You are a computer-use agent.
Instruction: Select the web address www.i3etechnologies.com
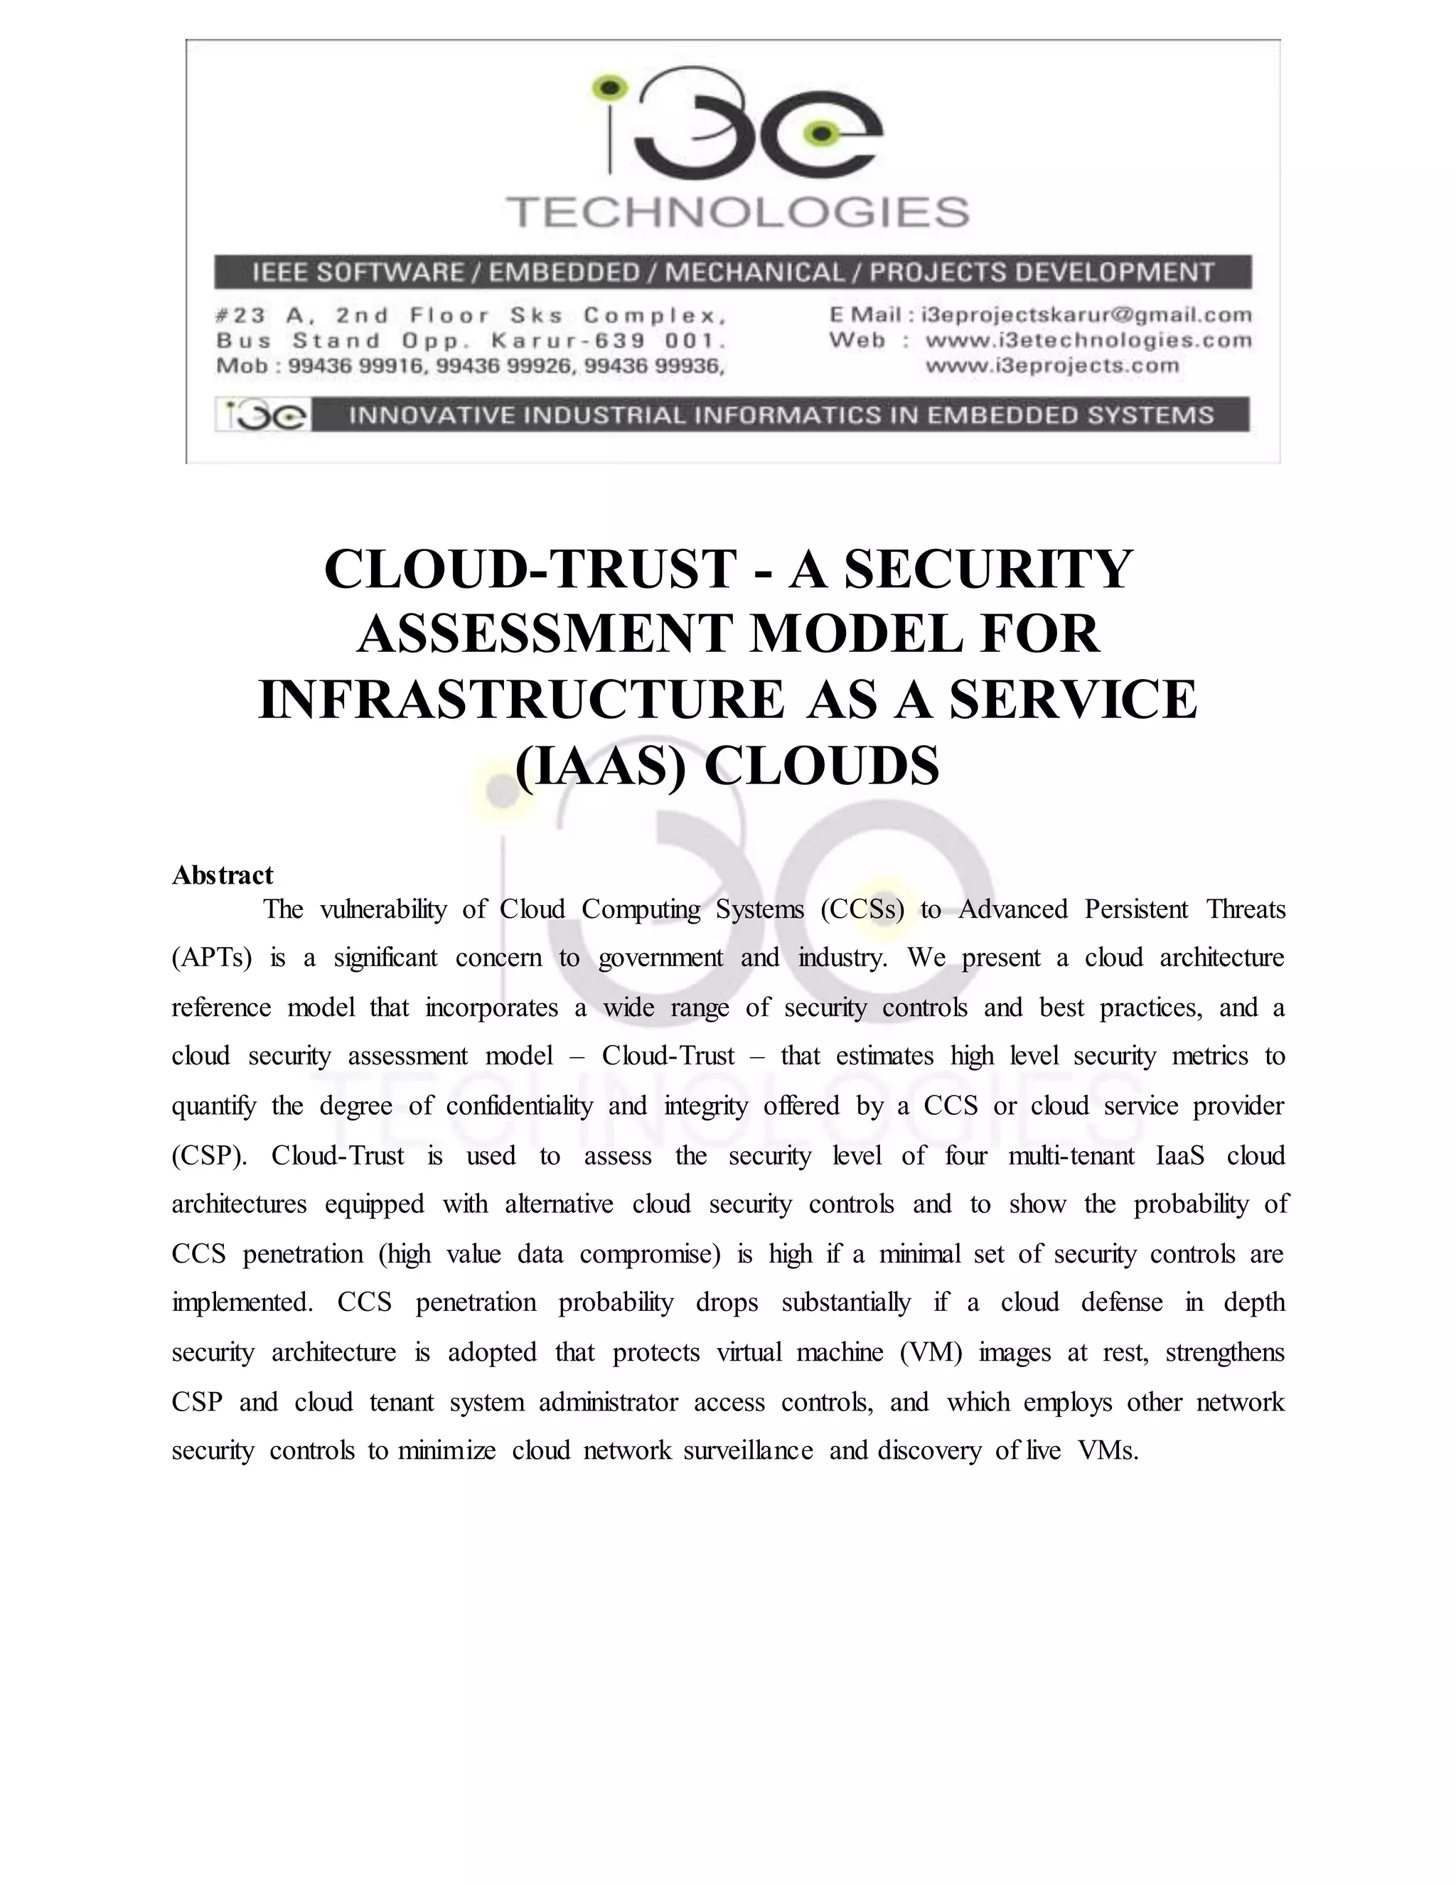pos(1088,341)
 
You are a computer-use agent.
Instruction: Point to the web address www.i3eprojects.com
pos(1051,365)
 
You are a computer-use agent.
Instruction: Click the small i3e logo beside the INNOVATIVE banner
pos(262,416)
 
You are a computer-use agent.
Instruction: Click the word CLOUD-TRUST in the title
pos(530,570)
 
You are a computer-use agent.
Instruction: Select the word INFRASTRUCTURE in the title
pos(522,700)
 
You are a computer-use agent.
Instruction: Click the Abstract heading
pos(223,876)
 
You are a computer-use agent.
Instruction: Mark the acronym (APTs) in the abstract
pos(211,958)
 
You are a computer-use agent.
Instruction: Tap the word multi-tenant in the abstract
pos(1071,1156)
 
